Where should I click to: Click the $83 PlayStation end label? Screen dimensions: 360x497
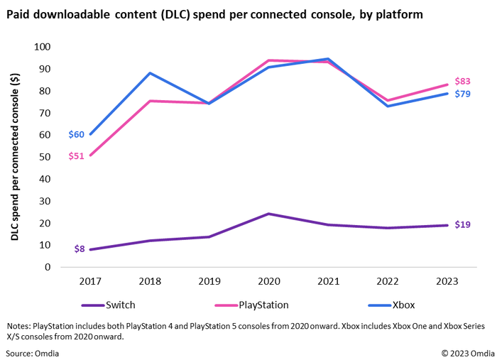click(x=461, y=81)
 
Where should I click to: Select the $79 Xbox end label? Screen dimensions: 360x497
click(x=461, y=94)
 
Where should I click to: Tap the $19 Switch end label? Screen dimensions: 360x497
click(x=461, y=224)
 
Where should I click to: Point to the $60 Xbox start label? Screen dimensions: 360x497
click(x=77, y=135)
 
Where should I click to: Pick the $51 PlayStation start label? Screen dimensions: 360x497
click(x=77, y=156)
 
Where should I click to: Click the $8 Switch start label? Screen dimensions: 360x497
click(x=80, y=249)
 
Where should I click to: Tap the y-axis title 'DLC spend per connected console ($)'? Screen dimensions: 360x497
click(x=15, y=157)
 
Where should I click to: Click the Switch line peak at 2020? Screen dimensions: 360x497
click(x=268, y=214)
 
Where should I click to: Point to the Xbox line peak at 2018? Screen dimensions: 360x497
click(x=150, y=73)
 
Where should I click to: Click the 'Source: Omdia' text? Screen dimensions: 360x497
click(x=33, y=351)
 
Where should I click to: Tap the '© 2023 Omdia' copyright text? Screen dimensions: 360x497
click(x=464, y=351)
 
